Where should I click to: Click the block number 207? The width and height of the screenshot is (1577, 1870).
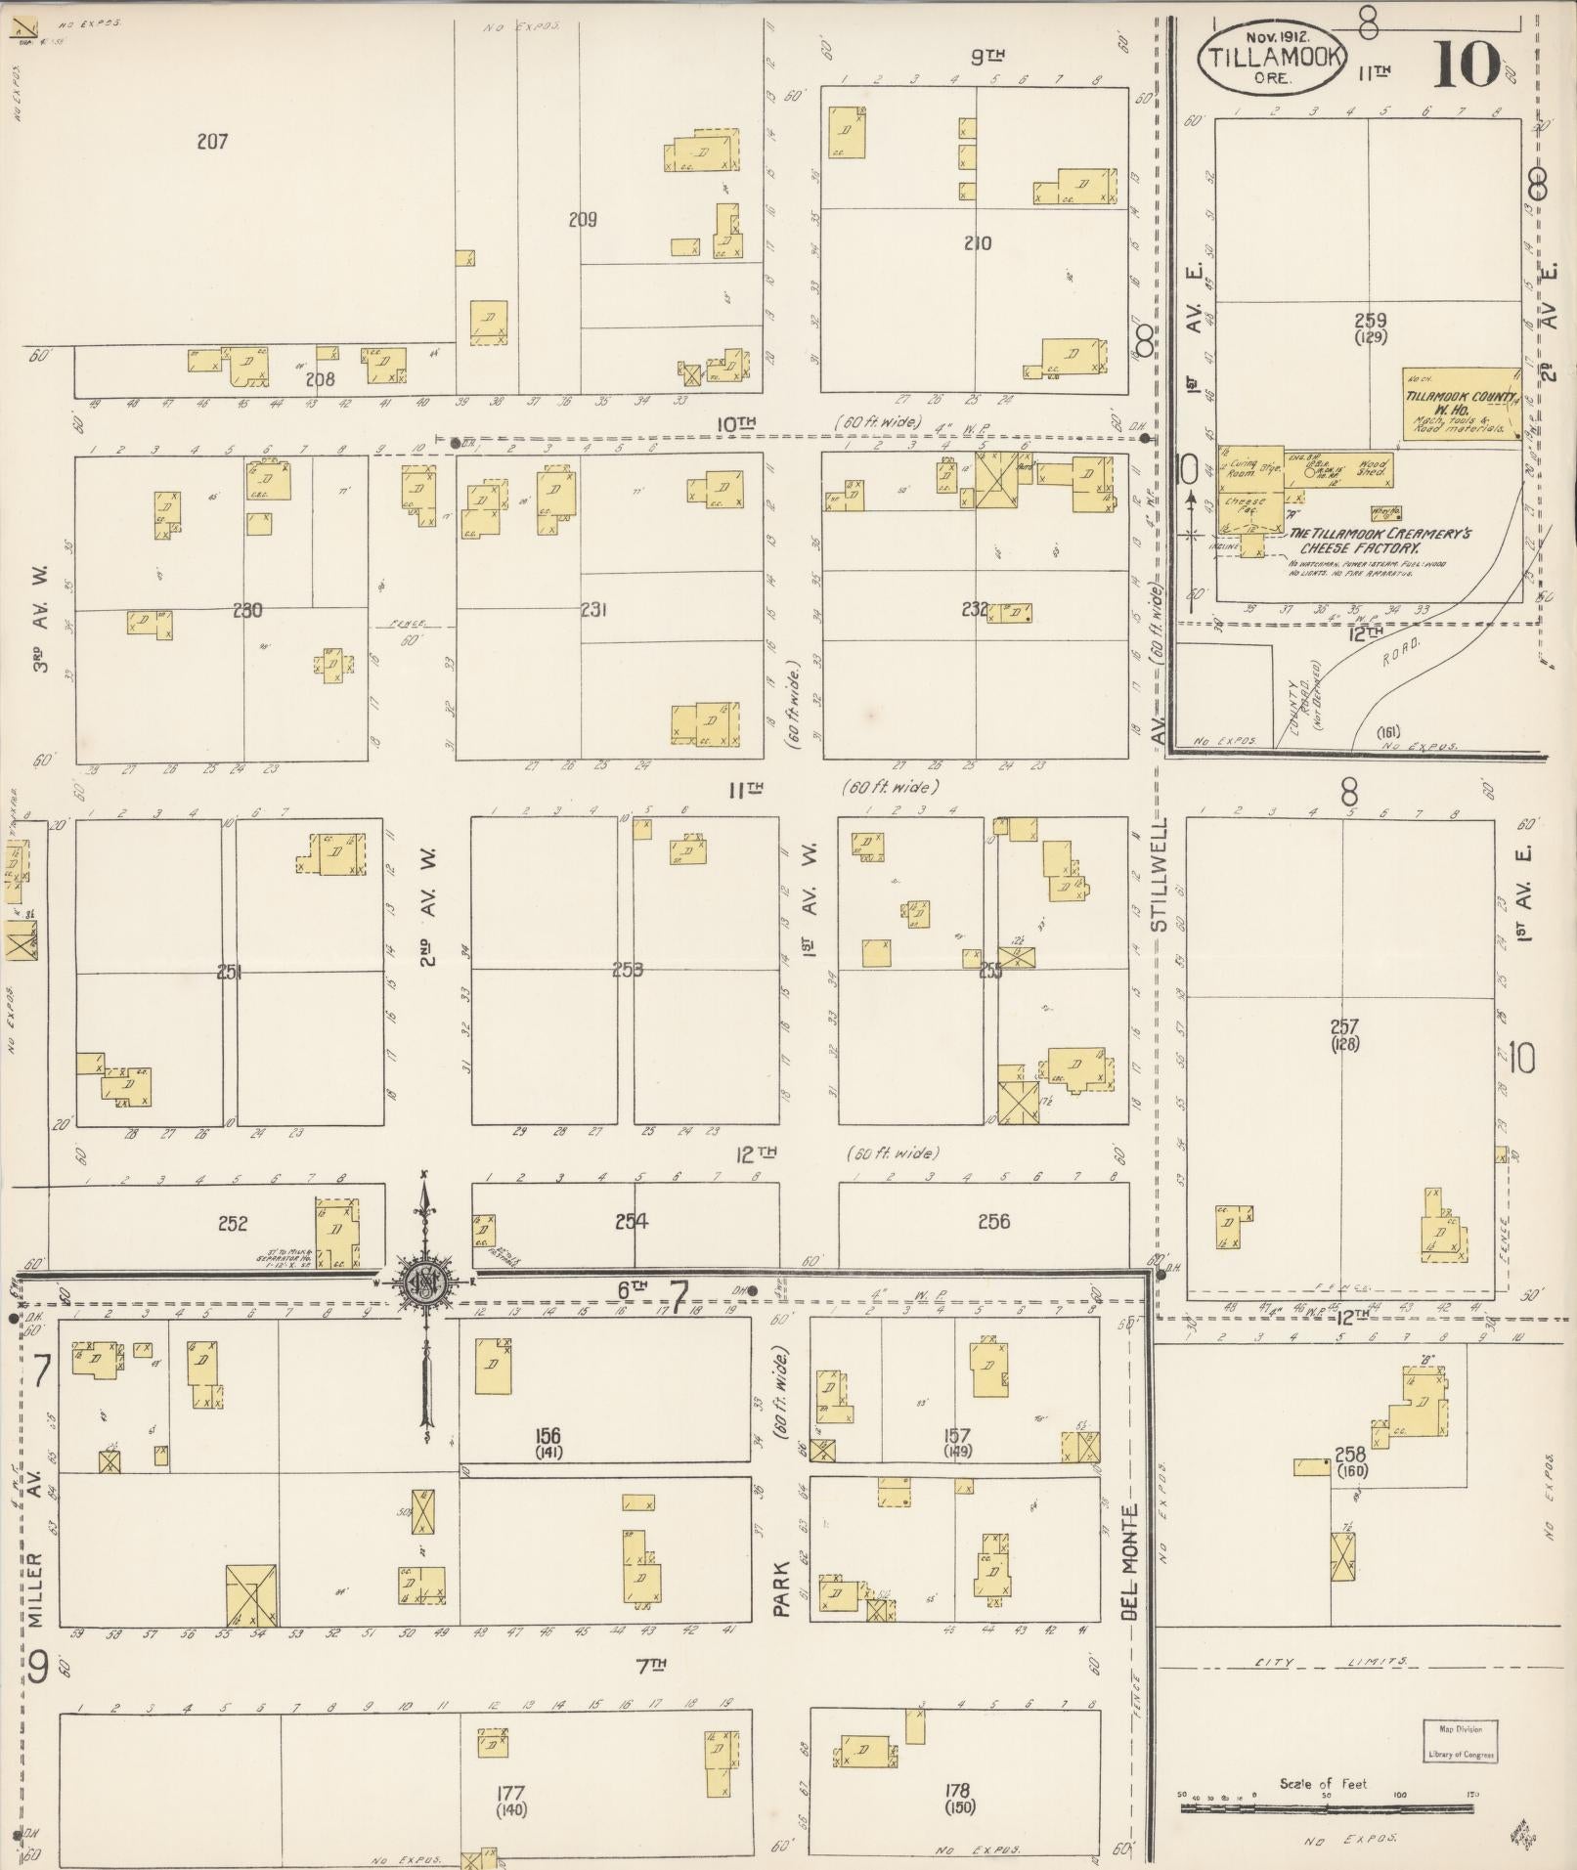212,142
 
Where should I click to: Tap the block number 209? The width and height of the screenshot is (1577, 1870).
583,220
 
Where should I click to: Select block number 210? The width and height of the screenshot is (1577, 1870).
977,243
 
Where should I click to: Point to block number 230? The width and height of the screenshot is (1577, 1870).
247,611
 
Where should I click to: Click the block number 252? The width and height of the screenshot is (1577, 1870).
233,1223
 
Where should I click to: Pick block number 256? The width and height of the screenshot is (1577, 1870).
993,1221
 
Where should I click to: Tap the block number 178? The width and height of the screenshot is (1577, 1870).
957,1790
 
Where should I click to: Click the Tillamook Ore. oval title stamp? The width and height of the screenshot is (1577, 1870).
1272,56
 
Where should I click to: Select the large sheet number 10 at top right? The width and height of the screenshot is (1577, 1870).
1467,63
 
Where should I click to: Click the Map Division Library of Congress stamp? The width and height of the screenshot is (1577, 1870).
1460,1740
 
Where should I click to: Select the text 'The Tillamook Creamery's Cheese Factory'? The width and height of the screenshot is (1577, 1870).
1353,541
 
